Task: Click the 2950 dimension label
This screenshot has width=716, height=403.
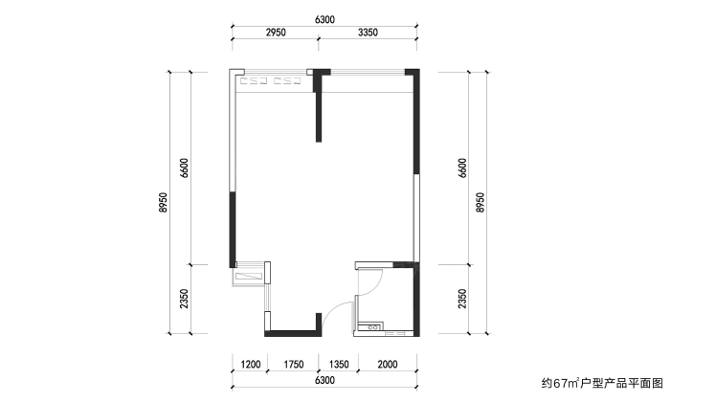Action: coord(276,33)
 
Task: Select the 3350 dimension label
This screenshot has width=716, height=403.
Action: coord(368,33)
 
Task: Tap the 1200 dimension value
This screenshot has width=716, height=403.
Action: coord(251,364)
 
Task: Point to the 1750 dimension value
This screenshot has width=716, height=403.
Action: coord(293,364)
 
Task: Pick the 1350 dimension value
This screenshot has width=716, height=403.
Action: coord(339,364)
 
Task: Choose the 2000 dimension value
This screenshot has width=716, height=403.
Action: coord(388,364)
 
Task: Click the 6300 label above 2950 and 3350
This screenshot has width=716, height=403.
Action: coord(324,20)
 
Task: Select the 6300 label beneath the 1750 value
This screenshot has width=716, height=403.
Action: coord(324,380)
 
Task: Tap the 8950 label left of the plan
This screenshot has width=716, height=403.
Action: coord(163,202)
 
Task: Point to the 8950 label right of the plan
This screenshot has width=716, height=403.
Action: coord(480,202)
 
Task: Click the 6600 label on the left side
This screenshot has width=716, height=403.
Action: coord(184,168)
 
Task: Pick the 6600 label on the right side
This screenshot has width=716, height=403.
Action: coord(462,168)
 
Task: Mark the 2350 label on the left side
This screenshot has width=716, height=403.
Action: coord(184,299)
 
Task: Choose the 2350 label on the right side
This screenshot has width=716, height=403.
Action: coord(462,299)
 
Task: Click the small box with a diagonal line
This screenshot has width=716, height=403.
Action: coord(249,276)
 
